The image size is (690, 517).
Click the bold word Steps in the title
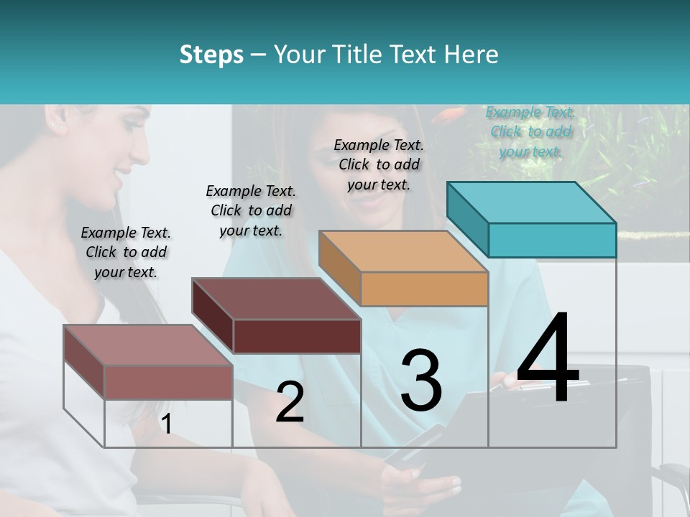211,55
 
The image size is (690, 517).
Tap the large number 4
548,358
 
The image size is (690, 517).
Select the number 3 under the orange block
421,381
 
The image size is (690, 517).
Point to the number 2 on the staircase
290,402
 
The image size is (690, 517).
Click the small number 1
166,424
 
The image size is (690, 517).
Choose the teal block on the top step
532,219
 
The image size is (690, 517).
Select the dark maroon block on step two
277,316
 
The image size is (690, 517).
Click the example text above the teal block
530,131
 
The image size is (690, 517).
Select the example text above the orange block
379,164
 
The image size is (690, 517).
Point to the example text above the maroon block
251,210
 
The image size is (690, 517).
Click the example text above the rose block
126,252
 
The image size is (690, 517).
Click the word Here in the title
471,55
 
